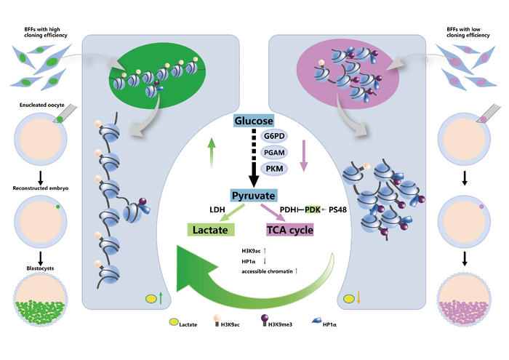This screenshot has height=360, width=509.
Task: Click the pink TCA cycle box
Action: point(290,230)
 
